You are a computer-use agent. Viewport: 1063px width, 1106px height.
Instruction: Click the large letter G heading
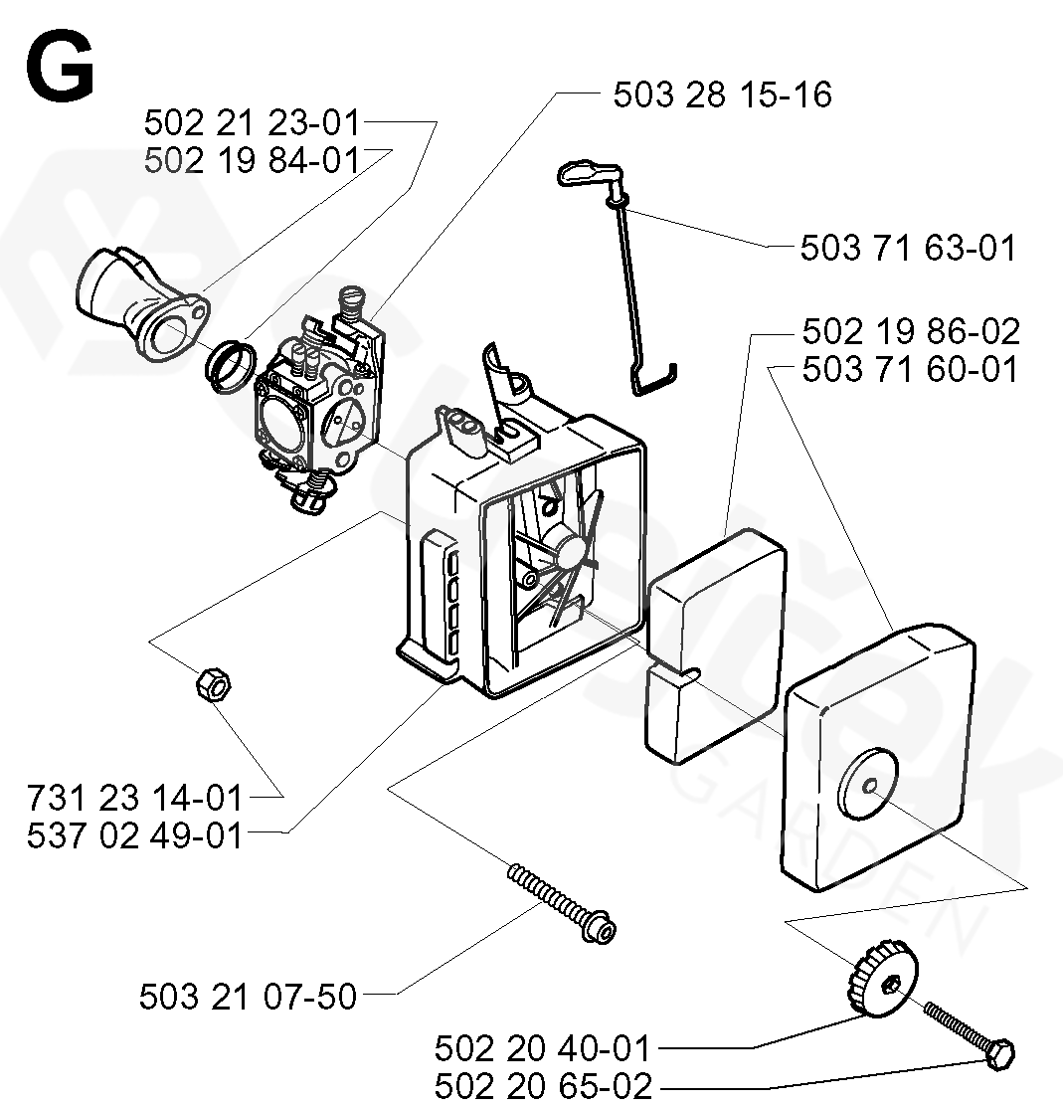pyautogui.click(x=60, y=68)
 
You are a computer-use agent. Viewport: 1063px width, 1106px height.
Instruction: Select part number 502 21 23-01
pyautogui.click(x=251, y=124)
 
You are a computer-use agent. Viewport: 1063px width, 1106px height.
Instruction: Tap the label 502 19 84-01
pyautogui.click(x=251, y=159)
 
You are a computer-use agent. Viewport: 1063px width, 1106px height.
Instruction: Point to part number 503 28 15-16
pyautogui.click(x=722, y=95)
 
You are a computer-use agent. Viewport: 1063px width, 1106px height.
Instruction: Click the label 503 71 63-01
pyautogui.click(x=909, y=248)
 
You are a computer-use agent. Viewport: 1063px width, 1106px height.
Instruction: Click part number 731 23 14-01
pyautogui.click(x=136, y=798)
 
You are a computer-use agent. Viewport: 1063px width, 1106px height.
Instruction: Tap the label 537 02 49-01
pyautogui.click(x=136, y=834)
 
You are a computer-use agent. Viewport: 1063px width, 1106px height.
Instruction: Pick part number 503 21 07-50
pyautogui.click(x=248, y=996)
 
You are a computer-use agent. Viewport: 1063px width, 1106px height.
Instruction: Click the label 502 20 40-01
pyautogui.click(x=542, y=1048)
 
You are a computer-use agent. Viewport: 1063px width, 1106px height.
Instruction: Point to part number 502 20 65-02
pyautogui.click(x=542, y=1086)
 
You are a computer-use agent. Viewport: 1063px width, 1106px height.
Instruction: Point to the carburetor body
pyautogui.click(x=318, y=398)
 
